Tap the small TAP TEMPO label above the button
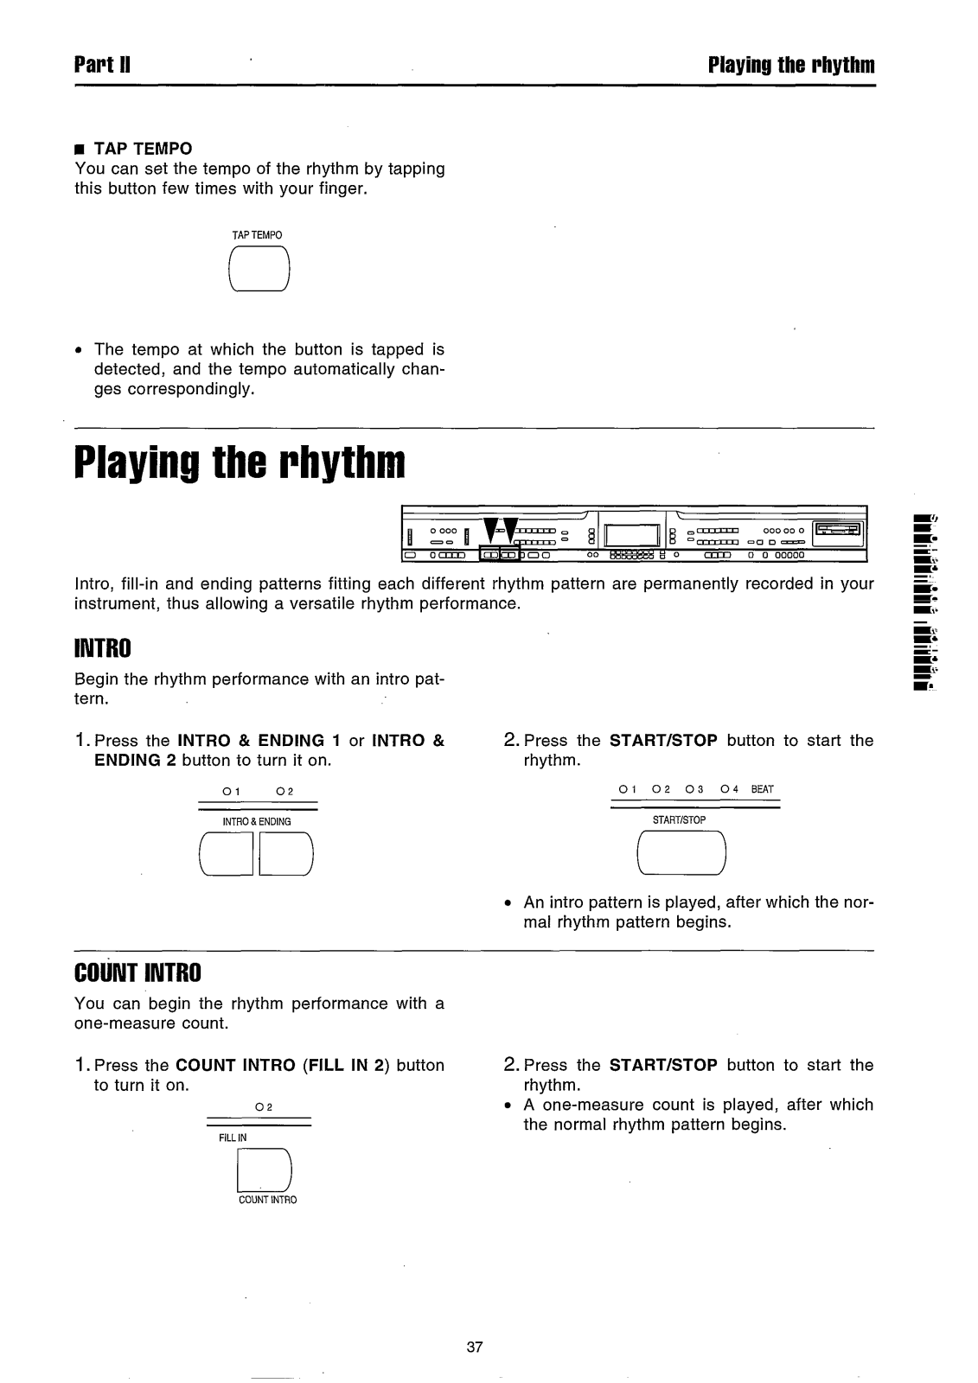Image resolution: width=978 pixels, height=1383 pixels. pyautogui.click(x=258, y=235)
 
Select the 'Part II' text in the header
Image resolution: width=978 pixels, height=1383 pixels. pyautogui.click(x=102, y=66)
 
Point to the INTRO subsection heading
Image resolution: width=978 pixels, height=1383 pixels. pyautogui.click(x=103, y=647)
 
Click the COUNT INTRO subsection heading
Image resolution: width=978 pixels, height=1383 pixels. pyautogui.click(x=137, y=973)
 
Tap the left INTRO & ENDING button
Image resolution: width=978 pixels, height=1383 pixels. pyautogui.click(x=226, y=854)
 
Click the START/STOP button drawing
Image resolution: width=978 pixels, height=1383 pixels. pyautogui.click(x=681, y=851)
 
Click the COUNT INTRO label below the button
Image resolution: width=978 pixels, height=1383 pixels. pyautogui.click(x=267, y=1200)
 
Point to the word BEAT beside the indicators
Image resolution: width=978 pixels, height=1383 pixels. pyautogui.click(x=762, y=789)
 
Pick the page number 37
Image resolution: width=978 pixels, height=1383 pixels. pyautogui.click(x=474, y=1347)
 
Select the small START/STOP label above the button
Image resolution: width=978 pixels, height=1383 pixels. pyautogui.click(x=681, y=819)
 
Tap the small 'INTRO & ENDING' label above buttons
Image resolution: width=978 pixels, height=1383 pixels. pyautogui.click(x=257, y=821)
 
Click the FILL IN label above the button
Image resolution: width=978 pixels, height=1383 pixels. pyautogui.click(x=233, y=1138)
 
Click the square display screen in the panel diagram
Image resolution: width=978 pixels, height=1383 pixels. pyautogui.click(x=632, y=537)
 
